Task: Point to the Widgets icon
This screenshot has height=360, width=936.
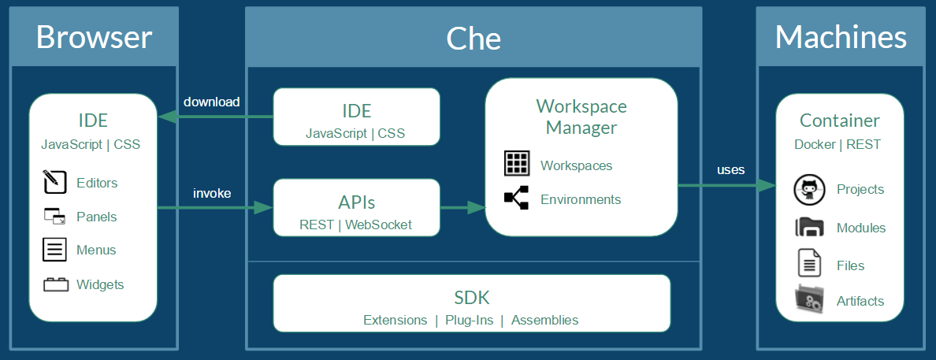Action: [x=55, y=284]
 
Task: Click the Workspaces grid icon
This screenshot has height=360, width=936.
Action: [x=517, y=164]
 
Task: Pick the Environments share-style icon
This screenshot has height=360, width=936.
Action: [x=517, y=199]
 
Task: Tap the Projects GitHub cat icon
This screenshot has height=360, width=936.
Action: [x=809, y=190]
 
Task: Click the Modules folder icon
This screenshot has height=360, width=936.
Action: [x=809, y=228]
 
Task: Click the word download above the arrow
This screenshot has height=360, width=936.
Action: [x=211, y=102]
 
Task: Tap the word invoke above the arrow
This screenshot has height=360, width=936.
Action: [x=212, y=192]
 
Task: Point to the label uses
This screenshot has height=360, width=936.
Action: [x=730, y=169]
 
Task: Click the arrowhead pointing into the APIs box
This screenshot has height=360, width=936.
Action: [x=262, y=208]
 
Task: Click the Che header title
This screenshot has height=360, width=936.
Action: [x=474, y=38]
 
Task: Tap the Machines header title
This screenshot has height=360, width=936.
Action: [x=841, y=37]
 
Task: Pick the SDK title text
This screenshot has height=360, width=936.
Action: [x=471, y=298]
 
